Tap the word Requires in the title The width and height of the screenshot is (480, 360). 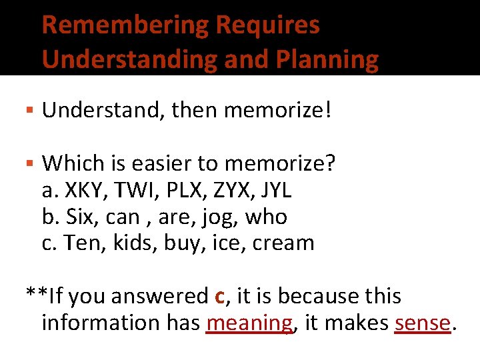point(267,25)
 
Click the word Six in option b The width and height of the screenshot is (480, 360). point(79,217)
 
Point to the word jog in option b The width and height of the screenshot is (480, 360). point(218,217)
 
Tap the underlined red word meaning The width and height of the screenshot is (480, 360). point(249,323)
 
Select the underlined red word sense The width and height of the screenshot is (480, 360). point(423,323)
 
